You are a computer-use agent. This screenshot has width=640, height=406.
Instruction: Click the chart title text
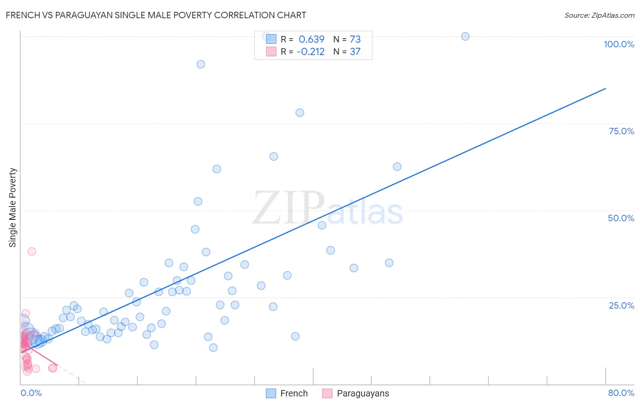pos(156,15)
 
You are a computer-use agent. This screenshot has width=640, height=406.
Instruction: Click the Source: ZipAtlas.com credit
pos(599,15)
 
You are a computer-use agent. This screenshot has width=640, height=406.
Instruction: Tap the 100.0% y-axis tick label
pos(619,44)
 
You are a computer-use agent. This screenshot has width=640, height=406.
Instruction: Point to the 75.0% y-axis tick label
pos(621,131)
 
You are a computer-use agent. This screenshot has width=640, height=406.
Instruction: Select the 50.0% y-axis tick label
pos(621,218)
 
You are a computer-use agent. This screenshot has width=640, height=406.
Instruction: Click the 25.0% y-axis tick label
pos(621,305)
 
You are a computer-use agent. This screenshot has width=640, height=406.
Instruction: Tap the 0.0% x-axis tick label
pos(31,393)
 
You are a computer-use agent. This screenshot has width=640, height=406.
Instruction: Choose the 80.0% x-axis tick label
pos(621,393)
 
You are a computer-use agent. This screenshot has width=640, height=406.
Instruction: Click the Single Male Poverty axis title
pos(13,208)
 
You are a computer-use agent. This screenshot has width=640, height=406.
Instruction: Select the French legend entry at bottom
pos(287,393)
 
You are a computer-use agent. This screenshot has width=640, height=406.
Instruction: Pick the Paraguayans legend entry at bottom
pos(356,393)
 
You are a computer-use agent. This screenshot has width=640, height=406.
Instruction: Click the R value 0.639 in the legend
pos(311,39)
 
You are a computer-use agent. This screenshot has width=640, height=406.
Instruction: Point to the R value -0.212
pos(310,51)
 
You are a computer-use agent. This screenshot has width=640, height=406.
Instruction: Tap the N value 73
pos(355,39)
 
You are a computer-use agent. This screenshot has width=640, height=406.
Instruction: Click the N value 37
pos(355,51)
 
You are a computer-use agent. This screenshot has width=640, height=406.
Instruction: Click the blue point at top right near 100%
pos(465,36)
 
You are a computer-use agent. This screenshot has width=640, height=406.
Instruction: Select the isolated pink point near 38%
pos(31,251)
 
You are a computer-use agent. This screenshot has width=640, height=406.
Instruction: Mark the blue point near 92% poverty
pos(201,64)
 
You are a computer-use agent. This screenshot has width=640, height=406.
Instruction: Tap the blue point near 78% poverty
pos(300,112)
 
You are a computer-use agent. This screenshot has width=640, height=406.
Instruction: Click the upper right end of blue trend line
pos(605,88)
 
